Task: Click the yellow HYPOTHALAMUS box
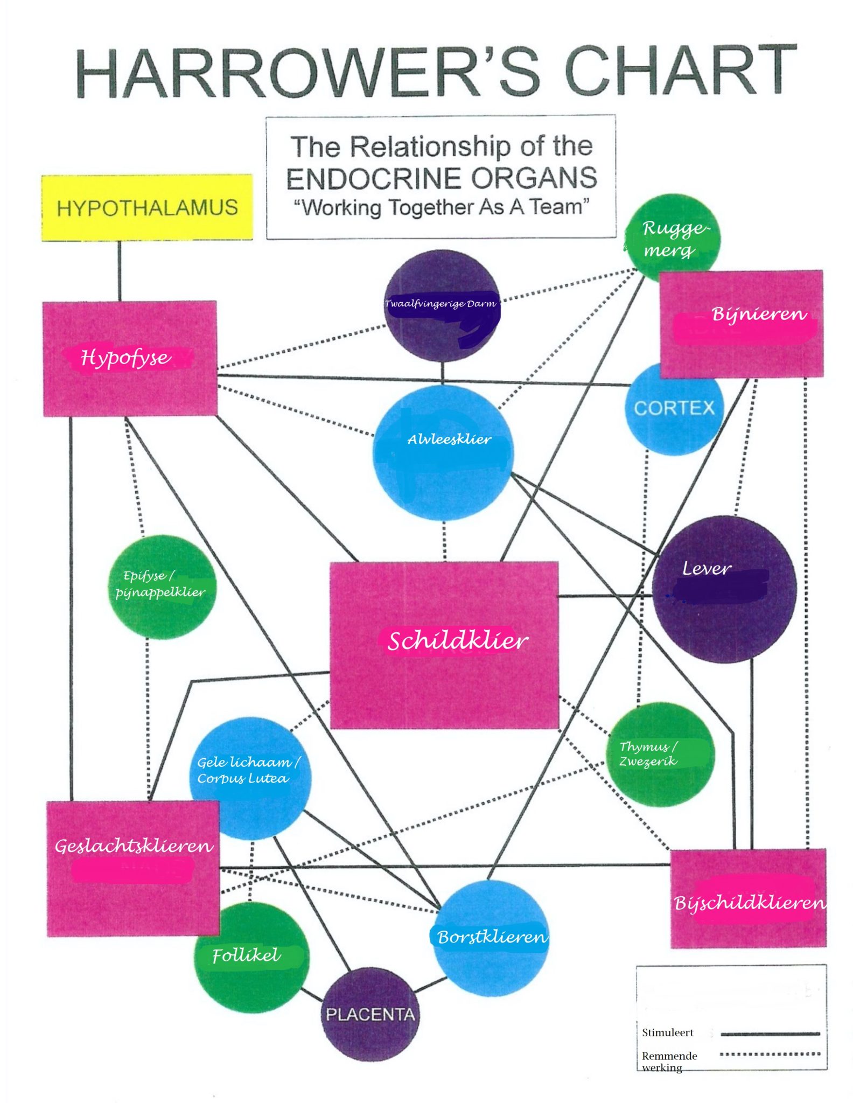(147, 207)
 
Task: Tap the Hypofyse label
(125, 357)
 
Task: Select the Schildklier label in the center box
(458, 640)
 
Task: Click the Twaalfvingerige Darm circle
(442, 305)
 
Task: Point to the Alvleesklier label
(449, 439)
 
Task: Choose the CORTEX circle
(674, 408)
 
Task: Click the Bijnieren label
(759, 313)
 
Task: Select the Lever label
(707, 569)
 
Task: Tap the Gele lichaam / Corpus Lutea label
(247, 770)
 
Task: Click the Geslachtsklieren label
(134, 846)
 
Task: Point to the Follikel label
(246, 955)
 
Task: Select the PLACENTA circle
(370, 1015)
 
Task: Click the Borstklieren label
(492, 937)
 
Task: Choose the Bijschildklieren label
(749, 903)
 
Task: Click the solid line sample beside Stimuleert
(770, 1034)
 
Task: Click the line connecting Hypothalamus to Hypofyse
(120, 271)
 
